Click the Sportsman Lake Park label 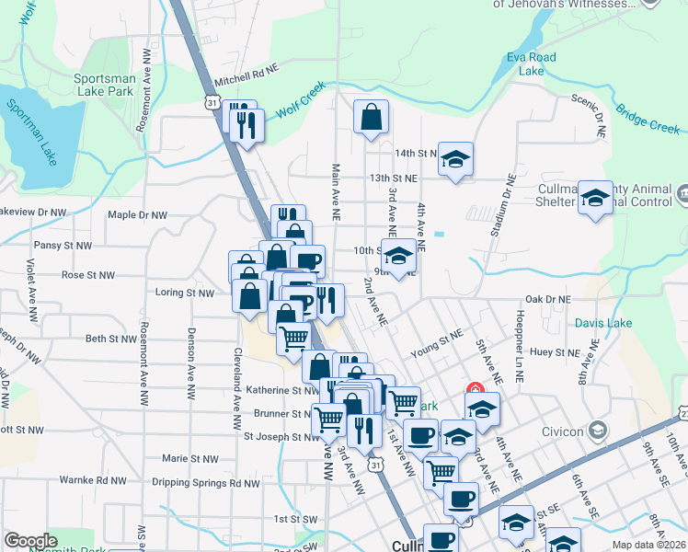(x=105, y=85)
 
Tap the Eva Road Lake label (x=532, y=63)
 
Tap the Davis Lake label (x=602, y=323)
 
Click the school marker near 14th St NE (x=455, y=160)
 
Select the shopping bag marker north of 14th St (x=371, y=118)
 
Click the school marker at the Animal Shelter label (x=595, y=198)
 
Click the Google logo (x=30, y=541)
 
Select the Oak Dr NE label (x=547, y=299)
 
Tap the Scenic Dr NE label (x=590, y=104)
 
